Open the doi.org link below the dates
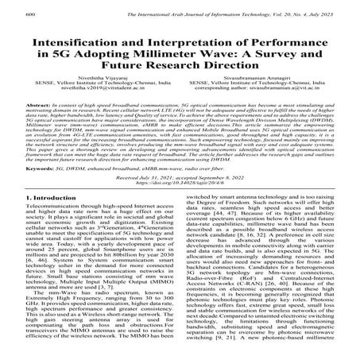tap(180, 186)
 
